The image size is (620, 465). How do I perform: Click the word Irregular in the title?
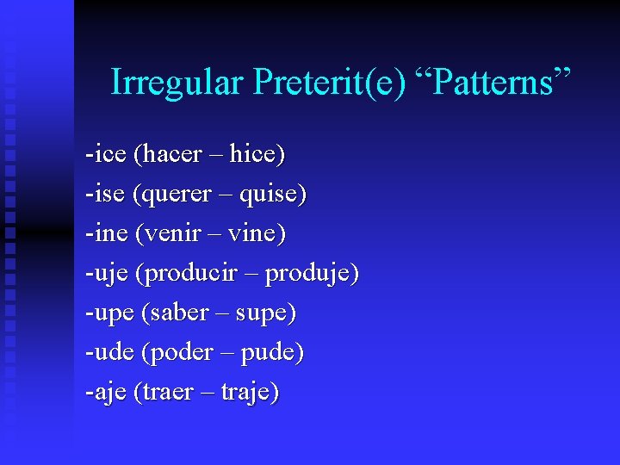tap(177, 83)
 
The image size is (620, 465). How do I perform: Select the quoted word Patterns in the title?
tap(493, 83)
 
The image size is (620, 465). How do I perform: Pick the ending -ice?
tap(105, 154)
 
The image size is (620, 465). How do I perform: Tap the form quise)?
tap(273, 195)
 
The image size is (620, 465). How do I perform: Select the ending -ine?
tap(106, 233)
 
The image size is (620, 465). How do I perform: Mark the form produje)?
tap(312, 274)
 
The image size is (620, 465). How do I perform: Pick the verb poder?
tap(179, 352)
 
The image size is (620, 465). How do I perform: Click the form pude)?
tap(272, 352)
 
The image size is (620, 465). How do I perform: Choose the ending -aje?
tap(105, 393)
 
